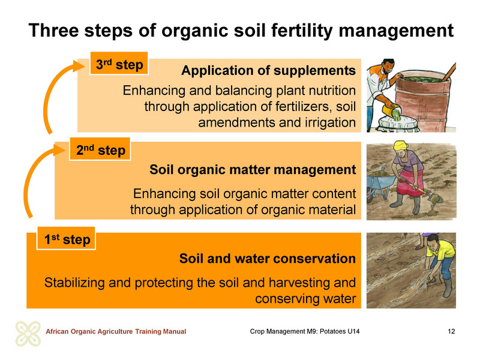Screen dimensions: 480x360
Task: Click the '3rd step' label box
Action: point(119,64)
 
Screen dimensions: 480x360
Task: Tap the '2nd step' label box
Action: point(100,149)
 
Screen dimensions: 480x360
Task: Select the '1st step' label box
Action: point(66,238)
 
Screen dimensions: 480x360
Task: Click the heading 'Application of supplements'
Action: point(268,70)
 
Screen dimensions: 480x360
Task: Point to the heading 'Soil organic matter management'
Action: point(253,170)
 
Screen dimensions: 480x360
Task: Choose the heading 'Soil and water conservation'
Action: point(267,259)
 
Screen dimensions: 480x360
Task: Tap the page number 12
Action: point(451,331)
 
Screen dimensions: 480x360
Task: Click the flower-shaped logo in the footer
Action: point(28,334)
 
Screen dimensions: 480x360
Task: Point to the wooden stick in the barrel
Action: point(449,72)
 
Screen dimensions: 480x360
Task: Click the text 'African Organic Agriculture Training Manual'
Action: point(116,331)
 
